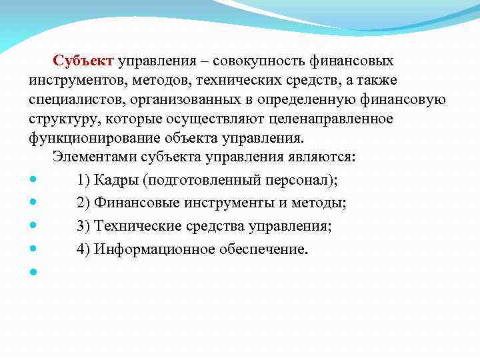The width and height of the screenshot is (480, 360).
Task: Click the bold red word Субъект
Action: [85, 61]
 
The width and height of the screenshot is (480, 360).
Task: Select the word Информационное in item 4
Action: [154, 249]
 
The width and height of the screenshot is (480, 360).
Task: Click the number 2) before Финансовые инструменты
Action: [83, 203]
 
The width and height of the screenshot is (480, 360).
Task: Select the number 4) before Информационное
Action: [83, 249]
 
